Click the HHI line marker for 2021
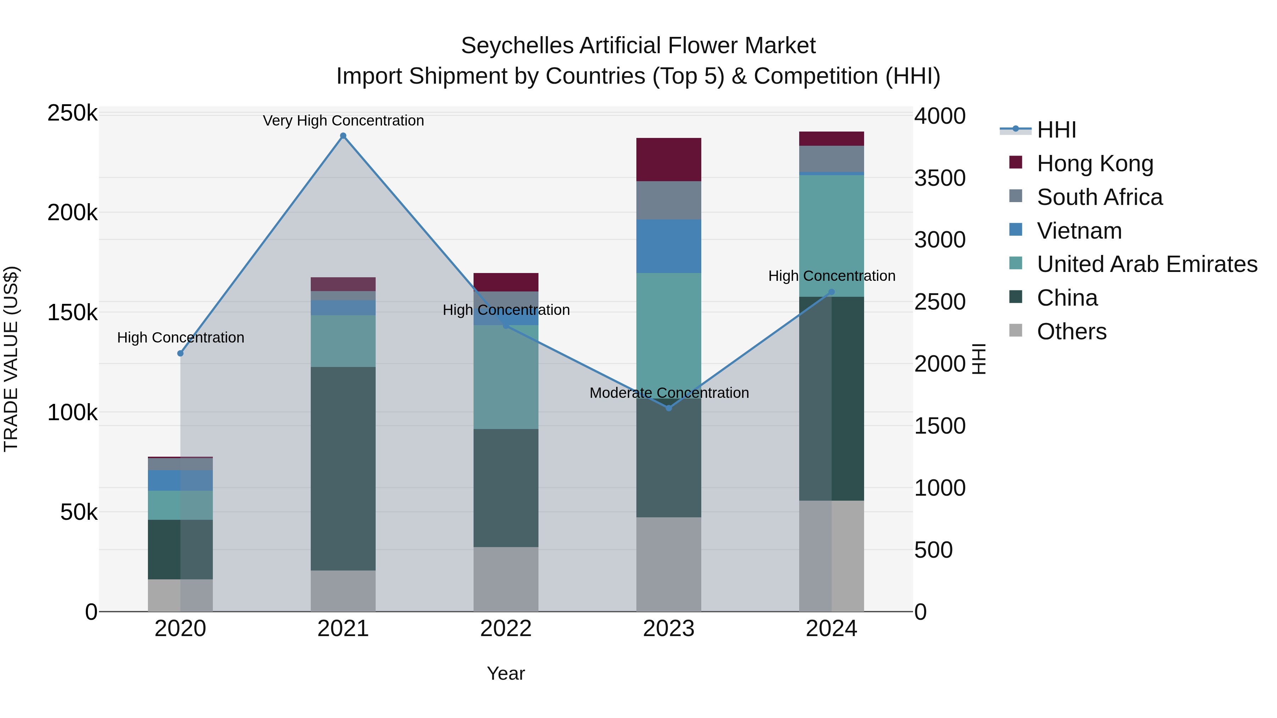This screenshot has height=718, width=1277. pos(343,136)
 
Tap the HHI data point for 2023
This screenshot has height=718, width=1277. pos(669,408)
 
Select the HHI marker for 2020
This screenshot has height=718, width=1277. pos(181,353)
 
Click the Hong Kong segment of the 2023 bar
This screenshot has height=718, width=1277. pos(669,160)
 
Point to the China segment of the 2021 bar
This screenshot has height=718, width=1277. pos(343,468)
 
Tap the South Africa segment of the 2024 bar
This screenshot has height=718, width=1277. pos(831,158)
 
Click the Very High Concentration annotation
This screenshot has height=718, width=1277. pos(343,121)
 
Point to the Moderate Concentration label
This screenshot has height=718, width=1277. pos(669,393)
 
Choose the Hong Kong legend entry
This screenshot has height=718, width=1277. pos(1095,163)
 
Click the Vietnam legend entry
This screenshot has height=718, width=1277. pos(1079,231)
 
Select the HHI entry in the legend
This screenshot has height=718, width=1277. pos(1056,130)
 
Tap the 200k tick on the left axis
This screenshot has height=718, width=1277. pos(72,213)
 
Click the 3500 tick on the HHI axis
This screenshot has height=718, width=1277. pos(939,178)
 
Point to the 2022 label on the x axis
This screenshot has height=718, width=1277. pos(505,629)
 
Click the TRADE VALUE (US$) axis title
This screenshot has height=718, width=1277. pos(11,359)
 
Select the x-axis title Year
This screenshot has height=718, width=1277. pos(505,673)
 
